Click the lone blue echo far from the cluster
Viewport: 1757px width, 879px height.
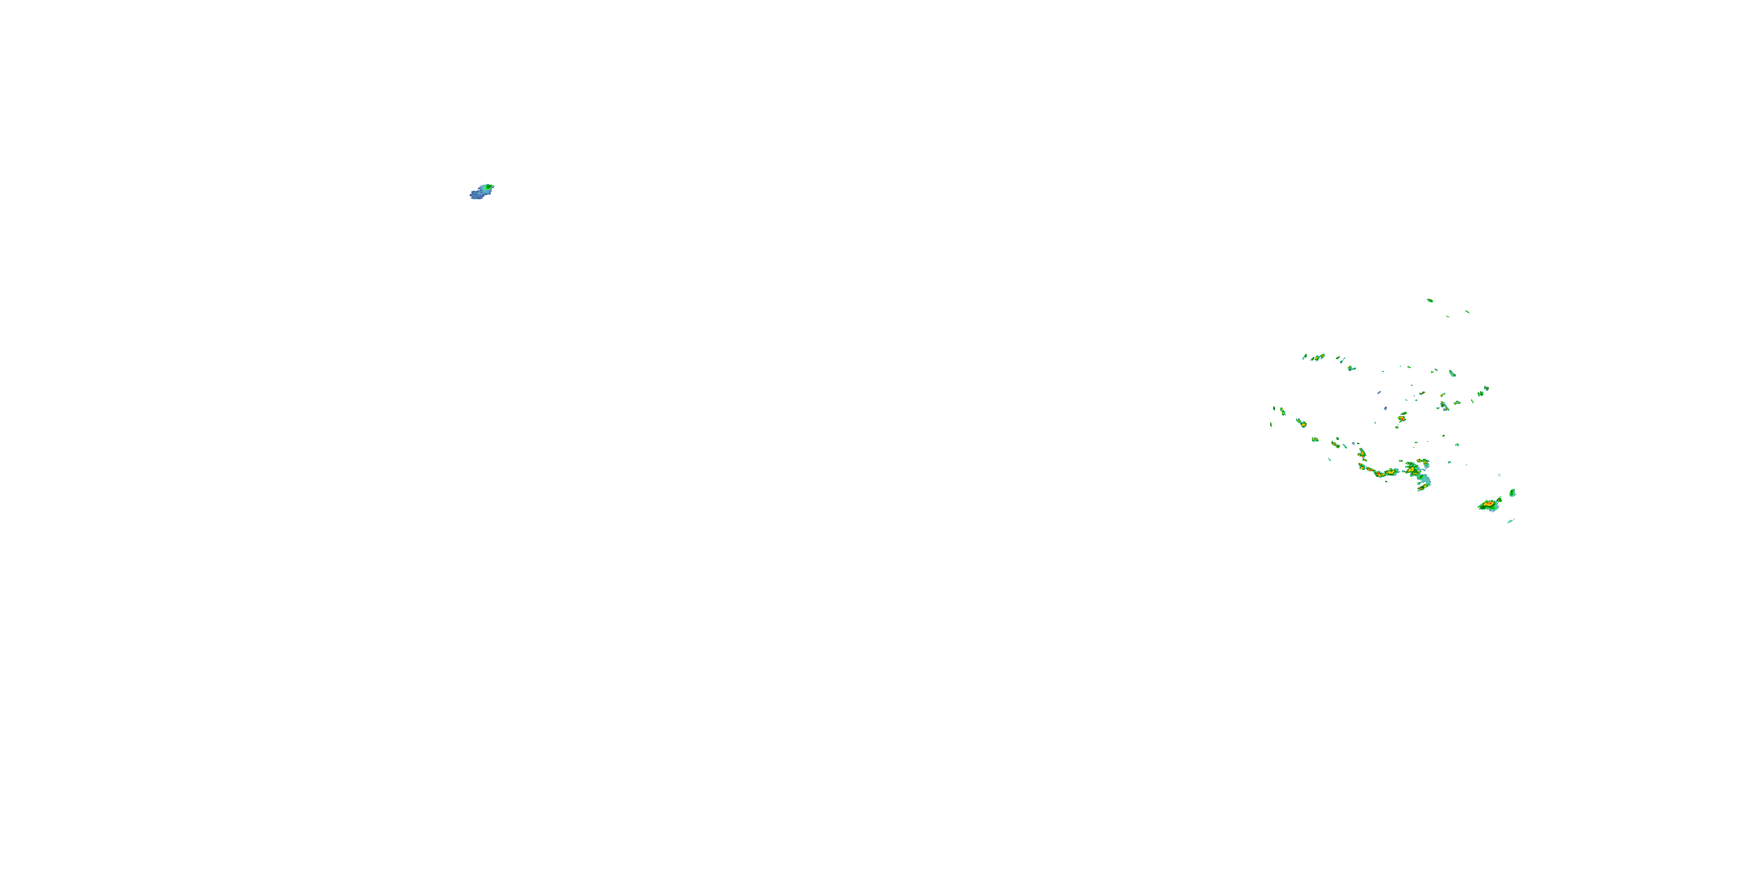pos(481,191)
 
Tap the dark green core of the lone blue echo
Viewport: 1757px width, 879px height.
pos(487,186)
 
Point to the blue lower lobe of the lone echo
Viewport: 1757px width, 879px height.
pos(477,195)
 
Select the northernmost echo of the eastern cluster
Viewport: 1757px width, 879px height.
pos(1430,300)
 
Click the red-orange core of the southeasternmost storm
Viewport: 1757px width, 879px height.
pos(1488,505)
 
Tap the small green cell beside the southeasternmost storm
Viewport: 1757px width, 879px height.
pos(1512,492)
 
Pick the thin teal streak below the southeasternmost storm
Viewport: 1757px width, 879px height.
pos(1510,522)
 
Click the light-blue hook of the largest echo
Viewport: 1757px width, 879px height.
pos(1424,482)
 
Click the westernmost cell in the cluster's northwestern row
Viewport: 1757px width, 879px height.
pos(1304,357)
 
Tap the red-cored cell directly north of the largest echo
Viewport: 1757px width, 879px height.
pos(1402,415)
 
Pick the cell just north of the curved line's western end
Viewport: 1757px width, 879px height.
pos(1362,452)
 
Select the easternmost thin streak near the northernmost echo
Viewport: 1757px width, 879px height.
pos(1467,312)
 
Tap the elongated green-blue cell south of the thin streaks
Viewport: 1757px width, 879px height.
pos(1444,406)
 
